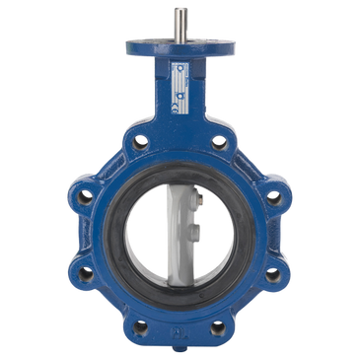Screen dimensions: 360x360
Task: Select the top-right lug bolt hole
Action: click(x=221, y=140)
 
